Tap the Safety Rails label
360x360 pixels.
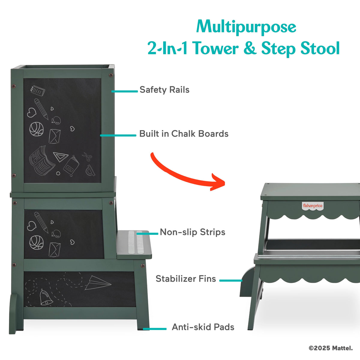(x=164, y=90)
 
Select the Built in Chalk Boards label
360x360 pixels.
(x=184, y=134)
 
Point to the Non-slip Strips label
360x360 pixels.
(x=193, y=232)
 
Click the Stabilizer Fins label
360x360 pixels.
(x=186, y=279)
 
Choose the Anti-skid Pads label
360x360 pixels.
(x=203, y=327)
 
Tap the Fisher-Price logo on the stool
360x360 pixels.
(x=313, y=206)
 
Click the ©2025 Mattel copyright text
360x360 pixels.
(x=331, y=348)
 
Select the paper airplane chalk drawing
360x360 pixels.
(x=98, y=283)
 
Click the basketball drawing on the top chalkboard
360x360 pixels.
(x=36, y=129)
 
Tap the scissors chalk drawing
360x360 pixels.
(x=87, y=157)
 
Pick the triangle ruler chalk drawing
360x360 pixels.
(x=60, y=157)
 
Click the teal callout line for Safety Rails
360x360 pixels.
(x=124, y=91)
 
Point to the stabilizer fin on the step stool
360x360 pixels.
(x=247, y=282)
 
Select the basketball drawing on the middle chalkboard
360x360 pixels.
(x=36, y=242)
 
